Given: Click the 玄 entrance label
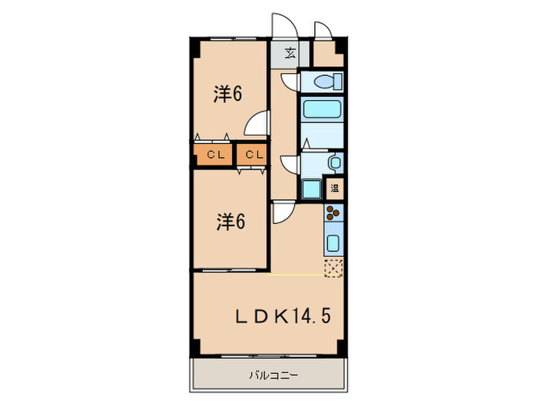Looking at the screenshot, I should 291,53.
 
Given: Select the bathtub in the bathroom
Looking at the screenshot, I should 321,109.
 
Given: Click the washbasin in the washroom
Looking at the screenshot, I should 334,162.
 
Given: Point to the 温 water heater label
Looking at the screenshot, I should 335,188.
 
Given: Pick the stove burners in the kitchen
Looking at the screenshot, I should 334,214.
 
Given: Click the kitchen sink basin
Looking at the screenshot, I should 334,244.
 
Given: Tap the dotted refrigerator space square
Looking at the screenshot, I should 334,267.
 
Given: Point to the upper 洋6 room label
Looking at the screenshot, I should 228,95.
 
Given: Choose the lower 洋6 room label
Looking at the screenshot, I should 229,222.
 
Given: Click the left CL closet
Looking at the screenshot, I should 214,155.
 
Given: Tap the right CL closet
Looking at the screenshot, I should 253,155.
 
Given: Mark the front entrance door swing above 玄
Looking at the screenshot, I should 280,27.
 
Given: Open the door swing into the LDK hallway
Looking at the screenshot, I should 282,212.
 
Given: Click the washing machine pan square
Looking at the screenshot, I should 313,189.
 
